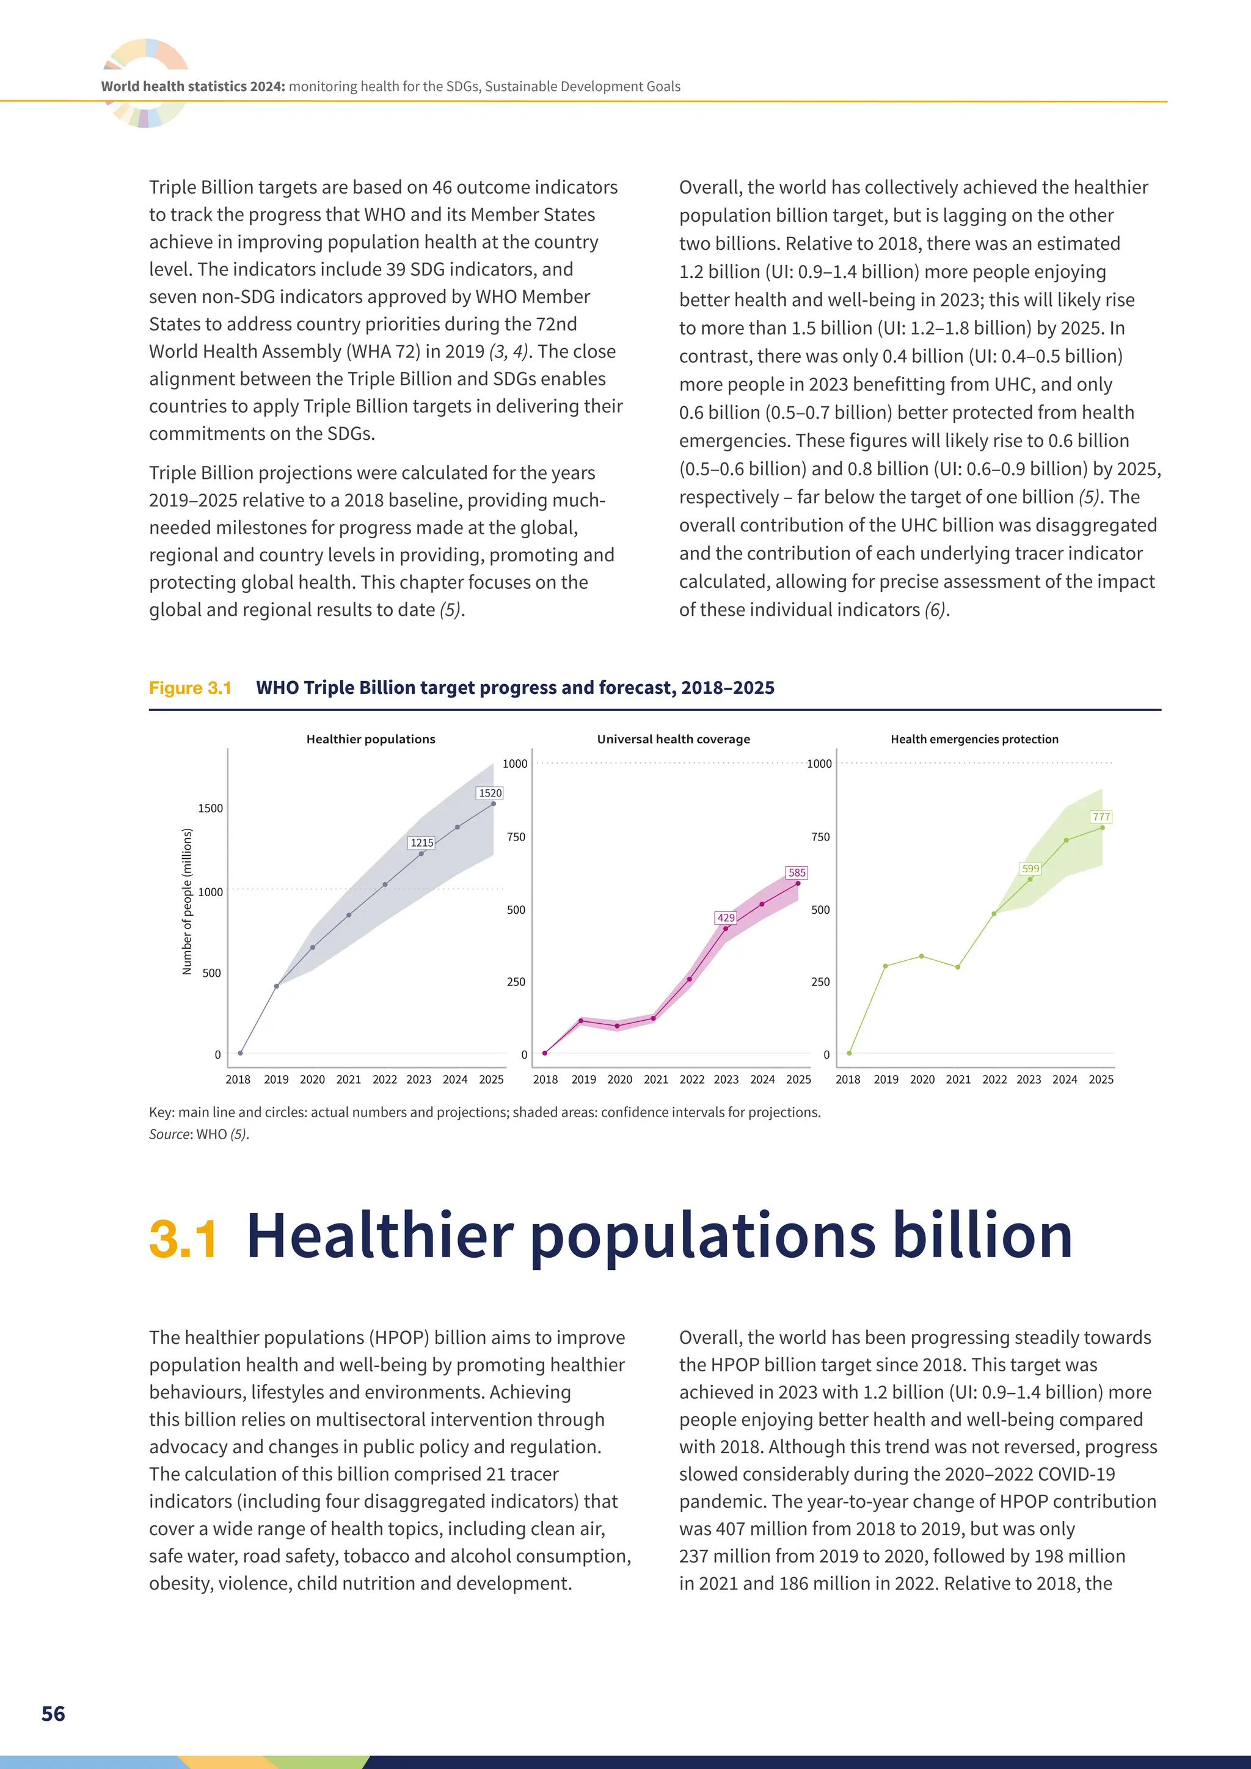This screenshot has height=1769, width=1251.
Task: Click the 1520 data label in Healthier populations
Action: click(490, 793)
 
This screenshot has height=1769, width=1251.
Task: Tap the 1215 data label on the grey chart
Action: click(421, 843)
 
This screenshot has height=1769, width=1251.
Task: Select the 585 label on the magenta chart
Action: click(797, 873)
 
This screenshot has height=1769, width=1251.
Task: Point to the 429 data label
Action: click(726, 917)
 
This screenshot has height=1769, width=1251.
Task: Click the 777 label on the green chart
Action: click(1101, 817)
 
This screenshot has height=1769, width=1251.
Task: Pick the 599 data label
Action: click(1030, 869)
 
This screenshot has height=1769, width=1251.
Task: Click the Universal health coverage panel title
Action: click(673, 739)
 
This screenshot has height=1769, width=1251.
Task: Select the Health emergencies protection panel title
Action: click(974, 739)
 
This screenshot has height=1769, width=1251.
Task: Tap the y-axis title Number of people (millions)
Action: click(186, 902)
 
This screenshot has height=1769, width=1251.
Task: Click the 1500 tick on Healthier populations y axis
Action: click(210, 808)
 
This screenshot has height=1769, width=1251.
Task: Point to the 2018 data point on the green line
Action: click(849, 1053)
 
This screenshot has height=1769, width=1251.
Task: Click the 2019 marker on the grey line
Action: click(277, 986)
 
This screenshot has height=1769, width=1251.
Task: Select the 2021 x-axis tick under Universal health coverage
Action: click(655, 1079)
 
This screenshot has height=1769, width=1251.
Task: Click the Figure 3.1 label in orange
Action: click(190, 688)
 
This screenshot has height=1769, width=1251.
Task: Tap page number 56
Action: click(53, 1713)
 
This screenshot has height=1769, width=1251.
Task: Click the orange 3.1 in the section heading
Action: click(183, 1239)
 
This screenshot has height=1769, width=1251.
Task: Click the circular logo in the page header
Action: click(145, 82)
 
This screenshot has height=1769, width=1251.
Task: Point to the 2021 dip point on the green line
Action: click(958, 967)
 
